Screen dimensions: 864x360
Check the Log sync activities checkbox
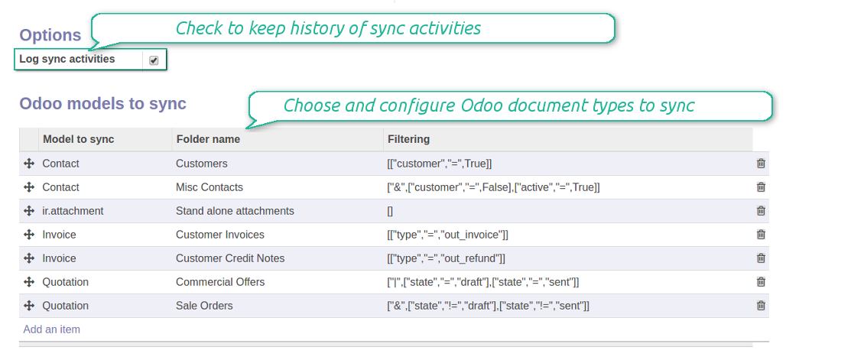click(x=154, y=60)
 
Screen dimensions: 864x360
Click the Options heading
click(x=50, y=35)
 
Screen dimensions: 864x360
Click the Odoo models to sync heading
click(x=103, y=103)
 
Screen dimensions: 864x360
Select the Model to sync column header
click(x=79, y=139)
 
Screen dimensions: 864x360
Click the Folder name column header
click(x=208, y=139)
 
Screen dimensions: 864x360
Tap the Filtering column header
click(x=408, y=139)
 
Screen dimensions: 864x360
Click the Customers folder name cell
click(x=202, y=164)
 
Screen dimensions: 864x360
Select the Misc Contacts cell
click(x=210, y=187)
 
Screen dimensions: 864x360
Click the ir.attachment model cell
click(x=73, y=211)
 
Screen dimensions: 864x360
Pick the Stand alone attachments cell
click(x=235, y=211)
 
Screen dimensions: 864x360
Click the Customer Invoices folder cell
click(x=220, y=235)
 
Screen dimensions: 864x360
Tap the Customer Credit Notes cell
click(x=230, y=258)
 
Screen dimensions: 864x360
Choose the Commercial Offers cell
click(x=220, y=282)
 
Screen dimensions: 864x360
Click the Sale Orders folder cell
click(x=204, y=306)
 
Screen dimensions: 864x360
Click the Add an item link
click(x=52, y=329)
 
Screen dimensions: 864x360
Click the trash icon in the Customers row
click(x=761, y=163)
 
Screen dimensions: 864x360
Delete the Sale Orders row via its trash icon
click(x=761, y=305)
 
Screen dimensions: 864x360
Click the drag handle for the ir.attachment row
click(x=29, y=211)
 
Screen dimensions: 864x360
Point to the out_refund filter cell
click(x=446, y=258)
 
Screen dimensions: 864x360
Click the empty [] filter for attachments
click(x=390, y=211)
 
